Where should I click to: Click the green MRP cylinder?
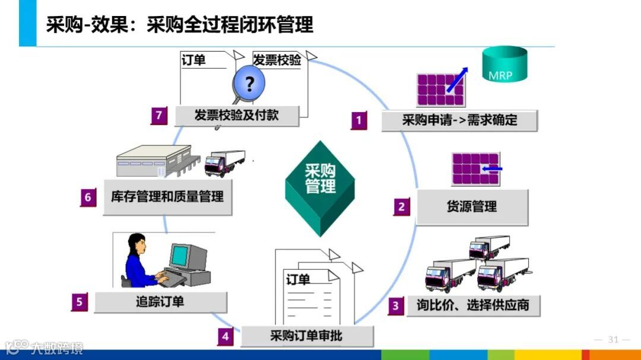click(504, 64)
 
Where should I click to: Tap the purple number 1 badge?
click(358, 120)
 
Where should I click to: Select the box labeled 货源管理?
click(472, 207)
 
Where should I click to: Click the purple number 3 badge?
click(396, 306)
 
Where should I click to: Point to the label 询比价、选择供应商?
click(472, 306)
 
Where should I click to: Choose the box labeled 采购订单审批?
click(306, 336)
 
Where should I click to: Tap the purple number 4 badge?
click(225, 337)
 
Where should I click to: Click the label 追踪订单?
click(160, 302)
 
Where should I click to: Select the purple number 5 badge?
click(80, 302)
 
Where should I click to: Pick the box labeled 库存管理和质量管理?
click(167, 196)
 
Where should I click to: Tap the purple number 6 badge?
click(88, 197)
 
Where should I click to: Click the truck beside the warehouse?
click(224, 162)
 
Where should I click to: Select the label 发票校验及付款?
click(236, 115)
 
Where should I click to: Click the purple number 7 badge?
click(158, 115)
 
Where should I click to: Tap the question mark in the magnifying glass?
click(249, 84)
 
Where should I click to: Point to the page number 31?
click(613, 340)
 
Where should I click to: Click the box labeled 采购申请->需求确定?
click(459, 120)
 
